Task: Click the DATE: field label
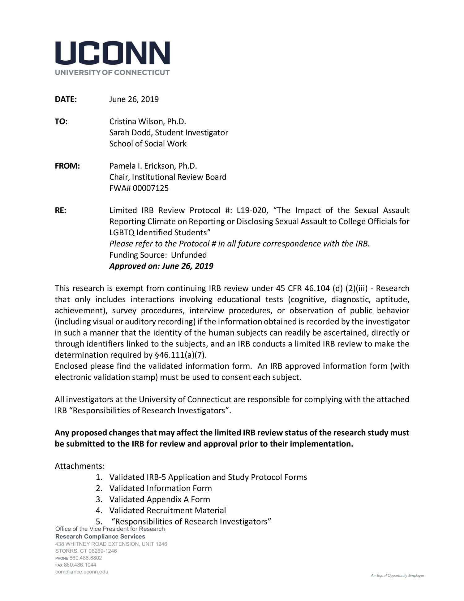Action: coord(66,99)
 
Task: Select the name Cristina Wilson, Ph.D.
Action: coord(148,121)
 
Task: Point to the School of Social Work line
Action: coord(148,144)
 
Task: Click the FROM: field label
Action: coord(67,166)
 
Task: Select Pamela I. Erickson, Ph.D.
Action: coord(153,166)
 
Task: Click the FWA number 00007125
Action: coord(151,188)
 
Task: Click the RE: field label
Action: coord(60,211)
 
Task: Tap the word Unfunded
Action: coord(189,255)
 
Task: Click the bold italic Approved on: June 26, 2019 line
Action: coord(161,266)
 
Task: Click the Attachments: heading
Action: coord(80,466)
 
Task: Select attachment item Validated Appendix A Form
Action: coord(159,499)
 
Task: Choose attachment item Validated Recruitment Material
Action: coord(167,511)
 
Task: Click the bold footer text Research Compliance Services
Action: coord(100,537)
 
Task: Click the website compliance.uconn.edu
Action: coord(82,572)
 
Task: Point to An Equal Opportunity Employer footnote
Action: coord(397,576)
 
